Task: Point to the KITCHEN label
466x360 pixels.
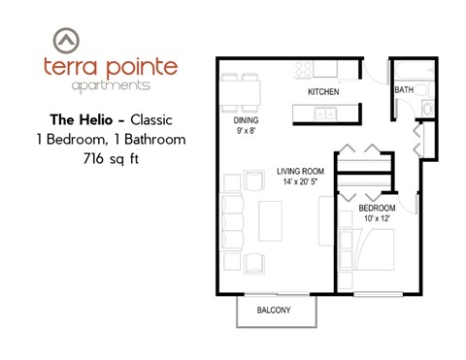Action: coord(322,91)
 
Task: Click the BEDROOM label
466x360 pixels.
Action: coord(376,209)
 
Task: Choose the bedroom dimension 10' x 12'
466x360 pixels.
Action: coord(376,220)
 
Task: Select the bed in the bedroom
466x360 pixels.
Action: coord(373,257)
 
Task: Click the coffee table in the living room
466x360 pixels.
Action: coord(269,220)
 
